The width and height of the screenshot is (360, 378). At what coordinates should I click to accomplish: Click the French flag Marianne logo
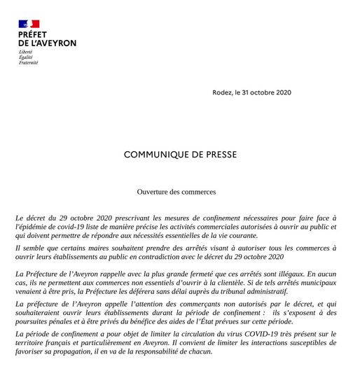click(x=29, y=24)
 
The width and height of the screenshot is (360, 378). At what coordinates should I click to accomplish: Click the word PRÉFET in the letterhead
click(x=32, y=34)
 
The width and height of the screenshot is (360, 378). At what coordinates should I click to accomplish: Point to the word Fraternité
click(x=29, y=62)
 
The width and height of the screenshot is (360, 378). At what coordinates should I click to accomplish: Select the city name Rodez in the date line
click(x=222, y=92)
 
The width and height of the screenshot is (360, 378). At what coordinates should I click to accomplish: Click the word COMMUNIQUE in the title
click(x=159, y=154)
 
